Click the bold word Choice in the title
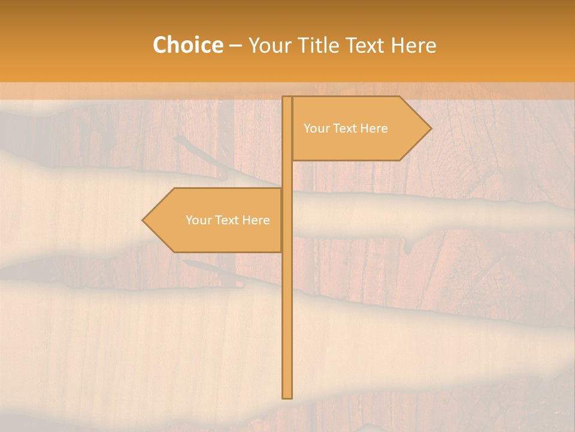point(187,46)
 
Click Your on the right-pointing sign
point(316,128)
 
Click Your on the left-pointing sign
point(198,220)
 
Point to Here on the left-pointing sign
point(256,220)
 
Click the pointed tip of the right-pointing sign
point(430,128)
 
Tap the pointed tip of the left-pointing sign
point(143,220)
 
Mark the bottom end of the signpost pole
point(287,397)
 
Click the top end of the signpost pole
point(287,98)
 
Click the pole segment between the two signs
point(287,174)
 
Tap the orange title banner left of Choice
point(72,46)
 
